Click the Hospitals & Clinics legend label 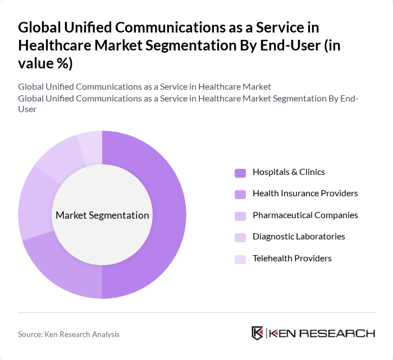[x=289, y=172]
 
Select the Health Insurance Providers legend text [x=305, y=193]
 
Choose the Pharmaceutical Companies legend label [x=305, y=215]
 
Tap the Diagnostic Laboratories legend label [x=299, y=237]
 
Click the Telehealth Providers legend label [x=292, y=259]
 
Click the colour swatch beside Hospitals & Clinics [x=240, y=173]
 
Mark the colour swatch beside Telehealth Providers [x=240, y=259]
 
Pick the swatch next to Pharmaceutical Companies [x=240, y=216]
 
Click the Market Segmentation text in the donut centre [x=102, y=215]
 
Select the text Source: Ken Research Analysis [x=68, y=334]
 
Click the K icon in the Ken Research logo [x=258, y=333]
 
